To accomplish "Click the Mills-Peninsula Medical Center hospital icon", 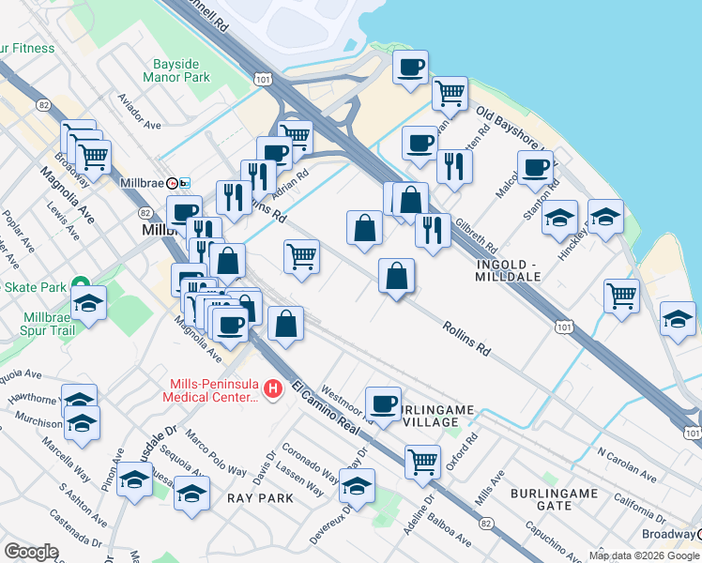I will (273, 388).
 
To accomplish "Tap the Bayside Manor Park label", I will (181, 70).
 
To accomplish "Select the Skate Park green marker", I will (81, 285).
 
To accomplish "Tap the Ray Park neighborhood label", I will (260, 498).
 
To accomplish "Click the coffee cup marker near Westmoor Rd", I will (383, 403).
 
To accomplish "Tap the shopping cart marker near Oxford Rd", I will (423, 462).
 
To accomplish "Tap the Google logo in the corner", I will (31, 552).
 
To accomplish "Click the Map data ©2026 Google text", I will (643, 555).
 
